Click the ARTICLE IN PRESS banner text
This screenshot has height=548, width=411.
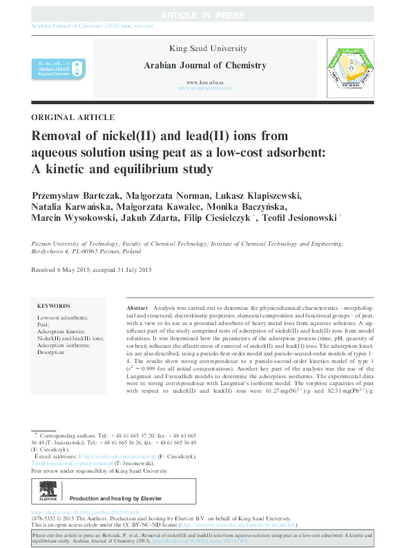tap(205, 15)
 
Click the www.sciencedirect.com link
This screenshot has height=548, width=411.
tap(205, 88)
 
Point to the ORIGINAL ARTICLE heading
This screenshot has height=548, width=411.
tap(73, 117)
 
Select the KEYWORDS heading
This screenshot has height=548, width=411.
tap(54, 306)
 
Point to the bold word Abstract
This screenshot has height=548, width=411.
tap(138, 306)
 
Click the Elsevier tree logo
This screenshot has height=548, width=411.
tap(47, 493)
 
